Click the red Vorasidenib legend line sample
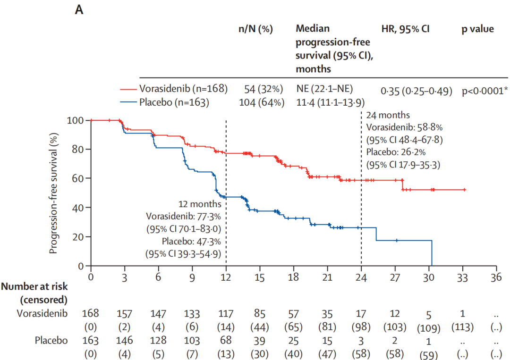point(129,89)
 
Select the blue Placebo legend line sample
point(129,101)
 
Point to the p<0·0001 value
point(485,91)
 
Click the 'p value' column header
point(477,29)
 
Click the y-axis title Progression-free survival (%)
point(54,193)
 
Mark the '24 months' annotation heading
point(388,115)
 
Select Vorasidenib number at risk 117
point(226,314)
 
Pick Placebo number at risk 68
point(226,341)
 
